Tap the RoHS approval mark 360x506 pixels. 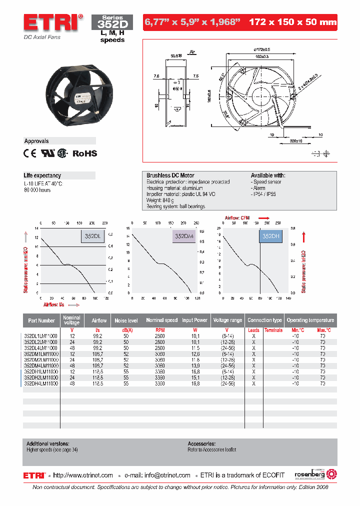(x=85, y=154)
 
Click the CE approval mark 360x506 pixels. (x=30, y=154)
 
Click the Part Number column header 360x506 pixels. (x=41, y=320)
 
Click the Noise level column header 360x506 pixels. (x=126, y=320)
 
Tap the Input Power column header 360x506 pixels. (x=194, y=320)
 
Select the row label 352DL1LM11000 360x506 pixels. (x=41, y=336)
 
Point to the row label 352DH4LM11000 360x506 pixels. (x=41, y=383)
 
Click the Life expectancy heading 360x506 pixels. (x=42, y=175)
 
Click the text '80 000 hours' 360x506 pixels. (x=37, y=190)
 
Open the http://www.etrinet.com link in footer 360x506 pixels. (x=83, y=475)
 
